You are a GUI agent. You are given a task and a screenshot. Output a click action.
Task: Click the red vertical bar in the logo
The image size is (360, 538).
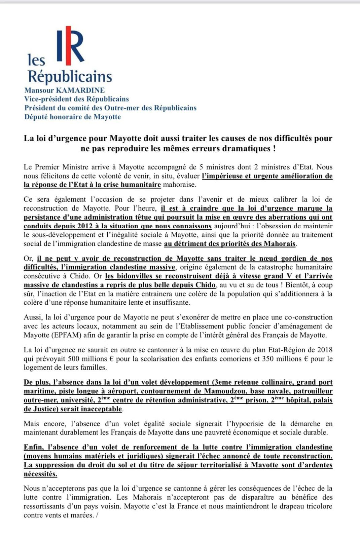[68, 45]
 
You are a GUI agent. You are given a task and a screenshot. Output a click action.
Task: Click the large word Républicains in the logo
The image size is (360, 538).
[70, 76]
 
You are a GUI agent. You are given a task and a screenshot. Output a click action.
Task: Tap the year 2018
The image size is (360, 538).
[324, 350]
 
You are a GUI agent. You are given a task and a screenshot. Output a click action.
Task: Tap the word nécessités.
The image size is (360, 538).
[40, 474]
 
